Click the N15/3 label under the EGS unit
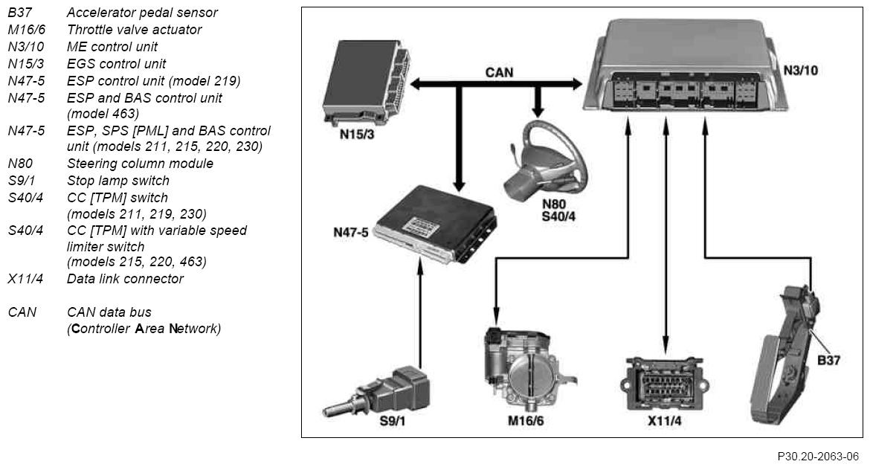tap(357, 134)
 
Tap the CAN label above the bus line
tap(500, 73)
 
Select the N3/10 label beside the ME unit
tap(801, 71)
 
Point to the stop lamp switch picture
tap(376, 393)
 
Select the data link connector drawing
tap(665, 383)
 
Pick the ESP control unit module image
tap(434, 225)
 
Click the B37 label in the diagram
tap(828, 361)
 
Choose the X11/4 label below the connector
tap(665, 421)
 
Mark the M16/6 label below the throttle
tap(526, 421)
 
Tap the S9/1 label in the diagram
tap(393, 421)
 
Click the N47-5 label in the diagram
tap(351, 232)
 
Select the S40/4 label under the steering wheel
tap(558, 217)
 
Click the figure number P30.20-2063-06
tap(818, 457)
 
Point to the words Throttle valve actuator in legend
tap(135, 30)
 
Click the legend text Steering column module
tap(140, 164)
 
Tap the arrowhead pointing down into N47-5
tap(458, 186)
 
